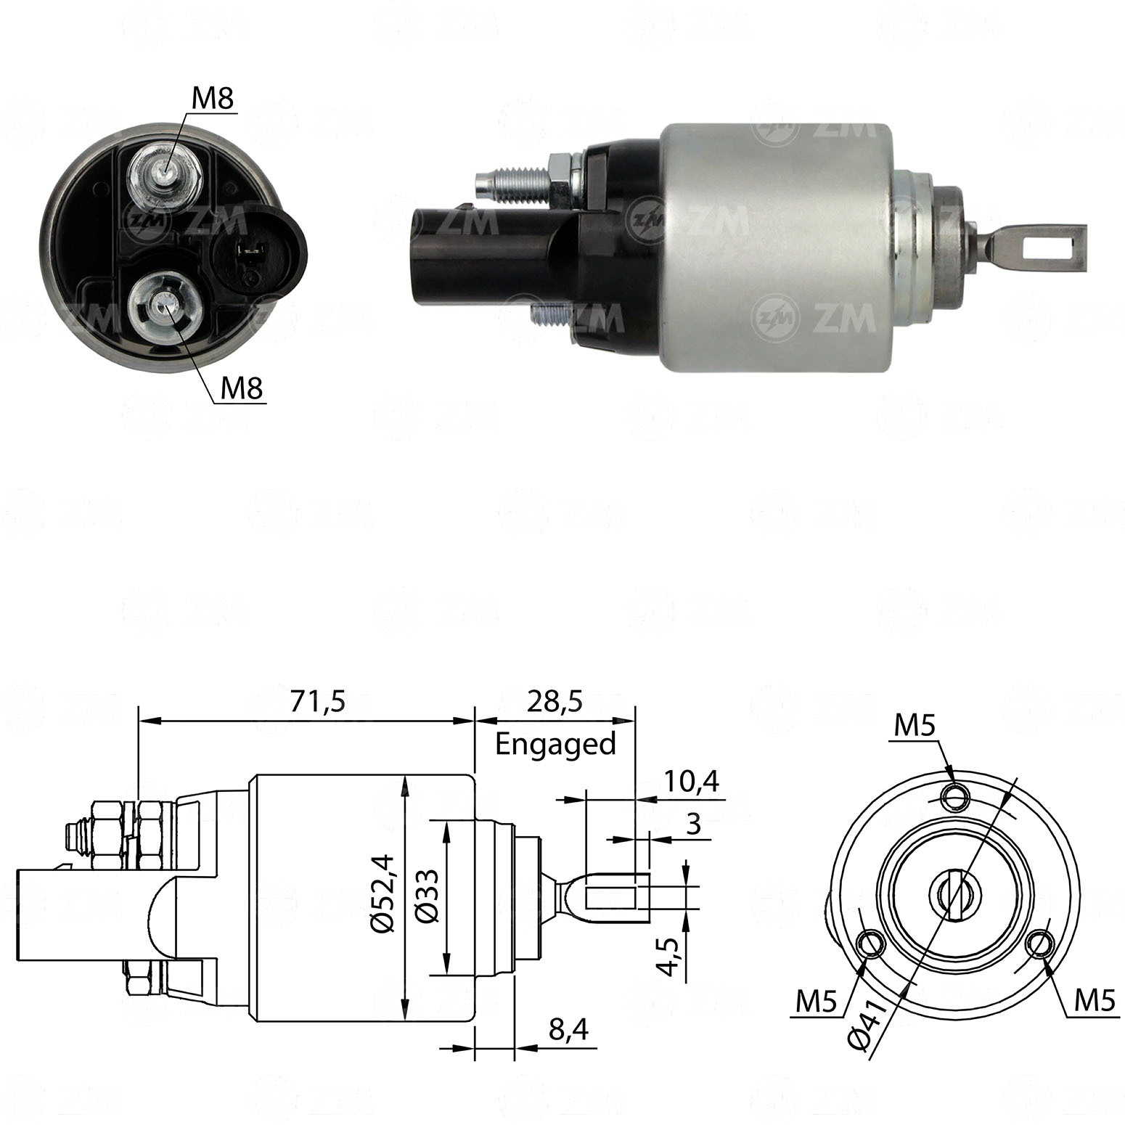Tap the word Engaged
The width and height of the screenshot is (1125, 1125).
click(x=555, y=744)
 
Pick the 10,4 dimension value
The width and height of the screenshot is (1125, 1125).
click(x=690, y=781)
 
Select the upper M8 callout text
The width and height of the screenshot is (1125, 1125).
click(x=213, y=99)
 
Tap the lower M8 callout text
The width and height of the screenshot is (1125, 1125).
click(x=241, y=390)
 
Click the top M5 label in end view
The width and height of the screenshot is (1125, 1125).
click(x=913, y=726)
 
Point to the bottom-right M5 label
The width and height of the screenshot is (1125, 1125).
click(x=1094, y=1002)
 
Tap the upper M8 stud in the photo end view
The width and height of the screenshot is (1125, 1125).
click(x=165, y=173)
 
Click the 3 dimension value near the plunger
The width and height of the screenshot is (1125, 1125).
click(x=692, y=825)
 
